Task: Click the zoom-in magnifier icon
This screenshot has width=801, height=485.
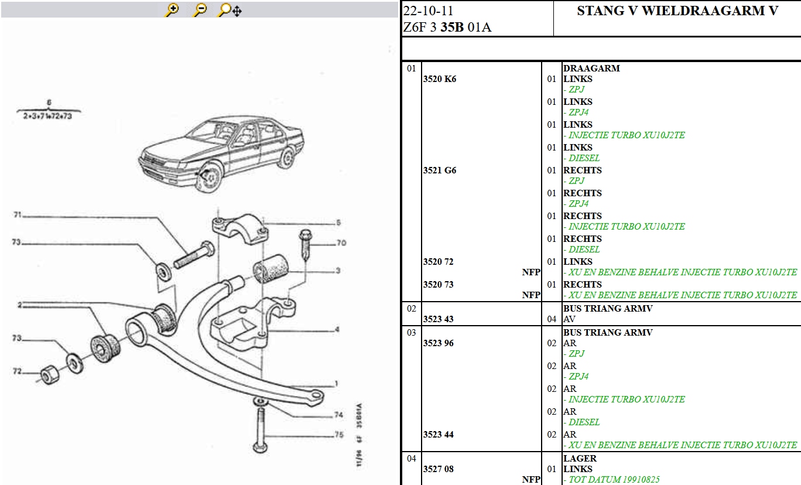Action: point(172,10)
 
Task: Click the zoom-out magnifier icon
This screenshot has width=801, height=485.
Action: point(200,10)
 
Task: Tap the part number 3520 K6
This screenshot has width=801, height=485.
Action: point(439,79)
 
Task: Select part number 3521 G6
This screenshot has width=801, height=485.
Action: point(439,170)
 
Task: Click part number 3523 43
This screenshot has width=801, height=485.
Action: point(438,319)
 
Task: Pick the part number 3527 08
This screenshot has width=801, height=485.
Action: point(438,469)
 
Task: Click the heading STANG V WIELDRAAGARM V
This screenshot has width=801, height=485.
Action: point(677,11)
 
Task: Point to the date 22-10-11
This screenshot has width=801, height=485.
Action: point(428,11)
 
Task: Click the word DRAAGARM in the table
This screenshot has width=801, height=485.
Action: point(591,69)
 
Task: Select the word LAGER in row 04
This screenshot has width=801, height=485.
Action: point(580,459)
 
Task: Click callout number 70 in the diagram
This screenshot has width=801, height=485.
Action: point(341,243)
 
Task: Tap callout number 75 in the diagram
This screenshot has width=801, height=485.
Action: point(338,435)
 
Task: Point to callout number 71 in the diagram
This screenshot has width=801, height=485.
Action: point(18,216)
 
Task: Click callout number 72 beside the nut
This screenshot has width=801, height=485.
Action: point(18,371)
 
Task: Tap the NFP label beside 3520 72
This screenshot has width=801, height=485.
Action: point(531,272)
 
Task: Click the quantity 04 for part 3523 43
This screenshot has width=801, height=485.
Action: point(552,319)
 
